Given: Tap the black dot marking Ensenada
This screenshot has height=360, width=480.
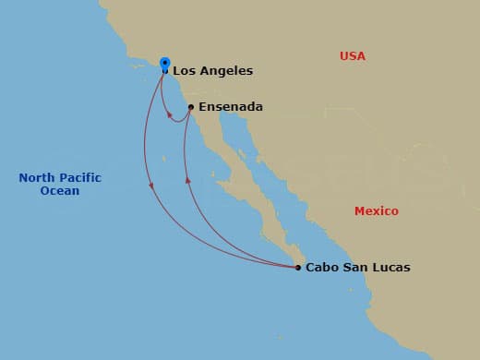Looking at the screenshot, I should point(190,107).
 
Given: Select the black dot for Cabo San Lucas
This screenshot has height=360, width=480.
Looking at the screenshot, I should point(297,268).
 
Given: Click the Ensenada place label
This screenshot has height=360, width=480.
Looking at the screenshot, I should point(230,107).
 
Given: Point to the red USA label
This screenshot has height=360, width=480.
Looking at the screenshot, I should point(352,56).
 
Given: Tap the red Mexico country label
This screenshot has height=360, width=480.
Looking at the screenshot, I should point(377,211).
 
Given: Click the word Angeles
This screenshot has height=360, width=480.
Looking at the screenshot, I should point(225,70).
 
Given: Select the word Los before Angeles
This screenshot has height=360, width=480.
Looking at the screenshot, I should point(184,70).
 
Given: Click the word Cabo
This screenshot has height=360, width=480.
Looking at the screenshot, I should point(322,268).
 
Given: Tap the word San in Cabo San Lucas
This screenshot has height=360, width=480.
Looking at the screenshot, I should point(355,268).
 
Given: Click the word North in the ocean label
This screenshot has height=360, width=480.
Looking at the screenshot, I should point(38,178).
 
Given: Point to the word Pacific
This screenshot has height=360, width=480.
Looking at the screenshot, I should point(81,178).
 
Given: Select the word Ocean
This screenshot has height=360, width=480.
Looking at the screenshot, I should point(59,191).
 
